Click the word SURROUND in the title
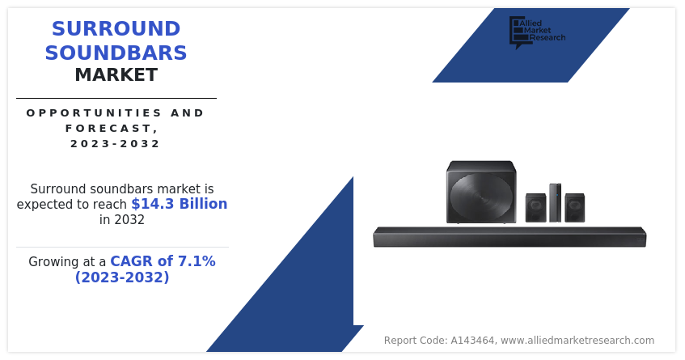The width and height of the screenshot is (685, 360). [x=116, y=29]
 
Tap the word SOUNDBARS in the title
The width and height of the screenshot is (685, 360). [x=116, y=53]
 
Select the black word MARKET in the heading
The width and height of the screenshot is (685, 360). [x=116, y=74]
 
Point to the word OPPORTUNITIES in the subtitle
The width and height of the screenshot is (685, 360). [x=94, y=112]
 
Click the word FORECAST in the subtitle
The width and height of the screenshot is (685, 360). [x=109, y=129]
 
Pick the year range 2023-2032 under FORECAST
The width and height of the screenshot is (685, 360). [x=116, y=144]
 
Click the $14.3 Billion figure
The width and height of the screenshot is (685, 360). [x=179, y=204]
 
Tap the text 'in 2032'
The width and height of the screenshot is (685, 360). [x=122, y=219]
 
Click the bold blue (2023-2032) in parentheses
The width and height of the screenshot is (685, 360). [x=122, y=277]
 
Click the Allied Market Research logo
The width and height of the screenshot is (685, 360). [x=537, y=32]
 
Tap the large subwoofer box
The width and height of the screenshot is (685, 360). [x=481, y=192]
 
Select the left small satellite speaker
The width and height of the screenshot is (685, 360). [x=535, y=208]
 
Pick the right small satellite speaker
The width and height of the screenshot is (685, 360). [x=574, y=208]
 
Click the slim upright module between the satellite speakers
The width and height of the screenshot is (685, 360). [x=556, y=203]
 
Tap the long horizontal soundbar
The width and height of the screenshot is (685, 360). [x=510, y=237]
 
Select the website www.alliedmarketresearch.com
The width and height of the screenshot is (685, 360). [x=577, y=341]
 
